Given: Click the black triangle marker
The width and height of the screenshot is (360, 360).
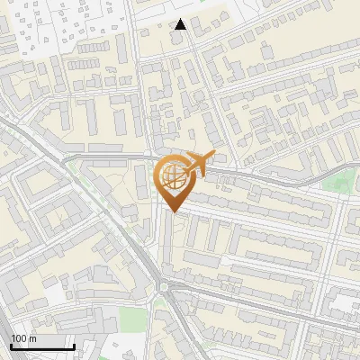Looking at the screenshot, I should coord(181,24).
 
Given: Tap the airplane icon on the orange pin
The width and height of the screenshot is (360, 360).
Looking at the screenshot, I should coord(197,164).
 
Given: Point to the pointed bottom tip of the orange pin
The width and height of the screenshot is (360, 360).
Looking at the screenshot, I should coord(172,211).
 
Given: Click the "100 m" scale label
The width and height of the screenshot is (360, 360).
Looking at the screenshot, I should coord(24,338).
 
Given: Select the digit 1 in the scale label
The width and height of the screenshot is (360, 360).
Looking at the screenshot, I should coord(13,338).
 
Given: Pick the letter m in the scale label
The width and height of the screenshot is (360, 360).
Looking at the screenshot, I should coord(33,338).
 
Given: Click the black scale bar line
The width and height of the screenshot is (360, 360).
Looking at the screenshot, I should coord(42,347).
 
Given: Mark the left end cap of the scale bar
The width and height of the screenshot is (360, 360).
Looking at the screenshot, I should coord(11,346).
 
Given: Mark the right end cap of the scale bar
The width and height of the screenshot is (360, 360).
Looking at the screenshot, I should coord(74,346).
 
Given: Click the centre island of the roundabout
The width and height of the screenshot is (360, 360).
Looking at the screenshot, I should coord(164,288).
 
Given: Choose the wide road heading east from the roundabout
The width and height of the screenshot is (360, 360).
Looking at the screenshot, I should coord(252,301).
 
